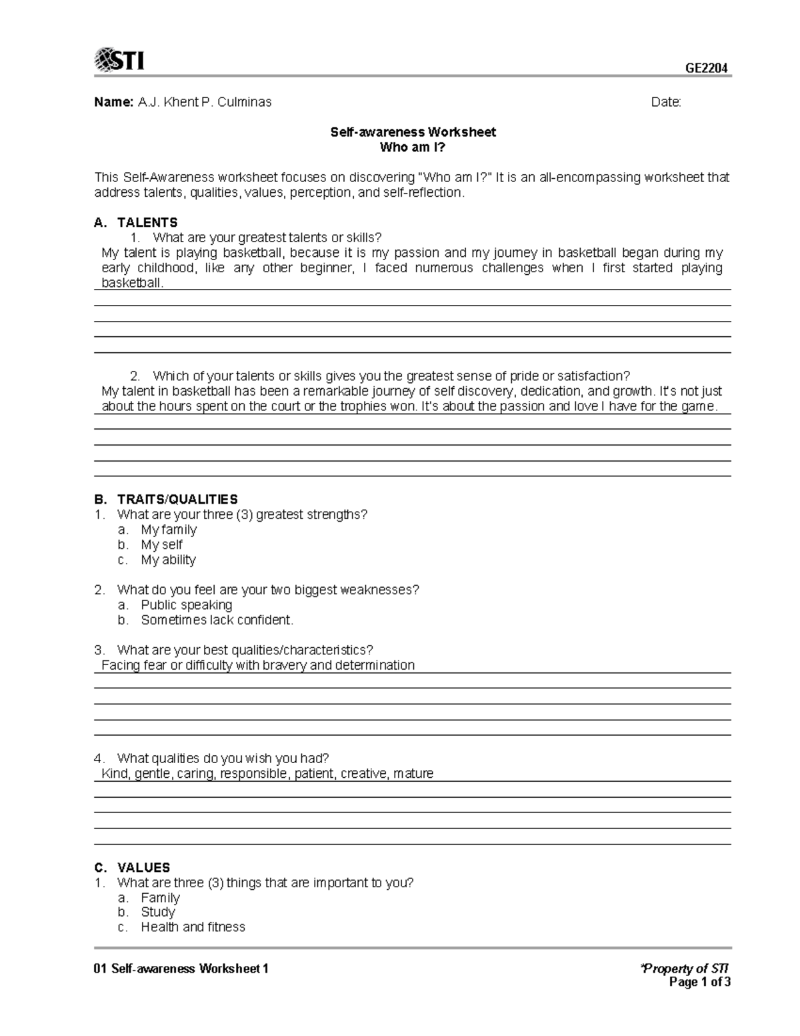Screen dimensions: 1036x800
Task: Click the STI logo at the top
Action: point(120,60)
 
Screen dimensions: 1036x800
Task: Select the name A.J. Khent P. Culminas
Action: point(205,102)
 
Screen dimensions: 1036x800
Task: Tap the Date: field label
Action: point(666,102)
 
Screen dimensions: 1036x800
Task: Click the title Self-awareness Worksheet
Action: point(413,132)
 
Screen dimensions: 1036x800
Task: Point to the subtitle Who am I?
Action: point(413,147)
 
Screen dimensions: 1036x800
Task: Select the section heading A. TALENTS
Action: point(136,222)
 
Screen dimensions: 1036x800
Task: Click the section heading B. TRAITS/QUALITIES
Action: point(166,499)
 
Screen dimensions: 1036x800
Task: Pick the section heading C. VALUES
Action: point(132,867)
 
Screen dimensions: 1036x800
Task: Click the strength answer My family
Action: point(169,530)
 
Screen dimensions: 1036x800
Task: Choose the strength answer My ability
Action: point(168,560)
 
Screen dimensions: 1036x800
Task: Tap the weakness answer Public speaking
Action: point(187,605)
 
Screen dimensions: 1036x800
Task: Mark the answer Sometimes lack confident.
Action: point(217,620)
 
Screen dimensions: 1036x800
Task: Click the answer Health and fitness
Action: point(193,927)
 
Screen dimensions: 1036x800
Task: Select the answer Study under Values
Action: point(158,912)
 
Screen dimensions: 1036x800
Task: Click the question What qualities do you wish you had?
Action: point(223,758)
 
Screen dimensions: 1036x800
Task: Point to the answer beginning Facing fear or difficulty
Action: point(258,665)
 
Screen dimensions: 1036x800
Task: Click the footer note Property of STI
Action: point(685,968)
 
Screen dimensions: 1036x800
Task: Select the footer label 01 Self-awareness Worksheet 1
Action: point(181,969)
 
